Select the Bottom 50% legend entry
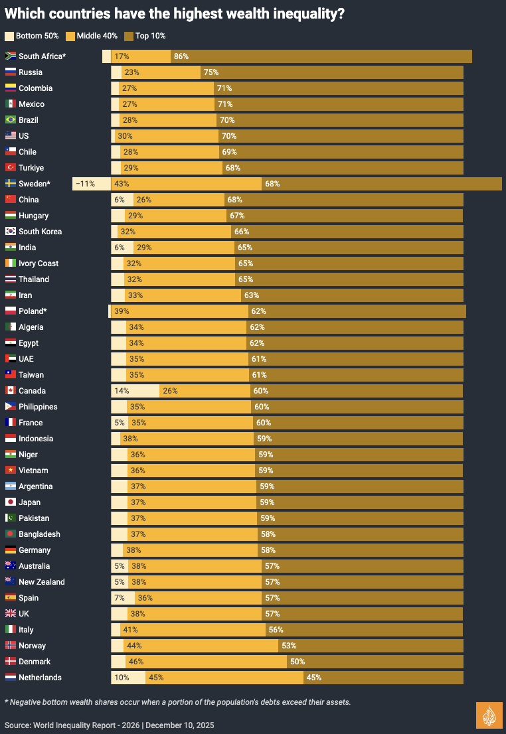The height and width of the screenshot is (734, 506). pyautogui.click(x=33, y=36)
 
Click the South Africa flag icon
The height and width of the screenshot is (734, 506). pyautogui.click(x=11, y=56)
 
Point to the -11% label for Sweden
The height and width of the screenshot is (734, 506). pyautogui.click(x=85, y=184)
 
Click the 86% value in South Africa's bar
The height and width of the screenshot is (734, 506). pyautogui.click(x=181, y=56)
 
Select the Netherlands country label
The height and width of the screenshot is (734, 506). pyautogui.click(x=40, y=678)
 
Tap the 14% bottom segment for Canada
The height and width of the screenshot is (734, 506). pyautogui.click(x=135, y=391)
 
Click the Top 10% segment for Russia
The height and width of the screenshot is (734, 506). pyautogui.click(x=332, y=72)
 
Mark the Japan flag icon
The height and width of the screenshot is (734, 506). pyautogui.click(x=11, y=502)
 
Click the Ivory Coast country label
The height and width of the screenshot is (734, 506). pyautogui.click(x=39, y=263)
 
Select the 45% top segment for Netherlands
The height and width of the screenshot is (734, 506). pyautogui.click(x=383, y=678)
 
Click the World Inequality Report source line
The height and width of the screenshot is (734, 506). pyautogui.click(x=110, y=725)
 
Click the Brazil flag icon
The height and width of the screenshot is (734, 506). pyautogui.click(x=11, y=120)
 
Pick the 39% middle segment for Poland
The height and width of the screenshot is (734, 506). pyautogui.click(x=179, y=311)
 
